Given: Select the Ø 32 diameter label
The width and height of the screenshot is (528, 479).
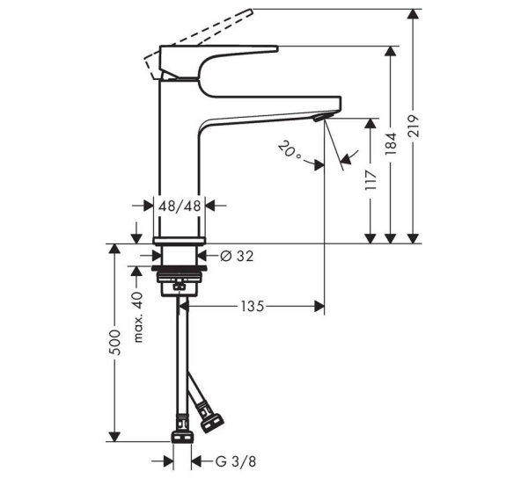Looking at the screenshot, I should pos(235,256).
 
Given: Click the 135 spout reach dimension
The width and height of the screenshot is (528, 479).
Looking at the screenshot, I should pos(253,307).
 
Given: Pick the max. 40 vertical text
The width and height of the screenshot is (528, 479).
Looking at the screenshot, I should pos(138,319).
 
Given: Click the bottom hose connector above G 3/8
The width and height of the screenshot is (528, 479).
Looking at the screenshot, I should pos(182,437).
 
